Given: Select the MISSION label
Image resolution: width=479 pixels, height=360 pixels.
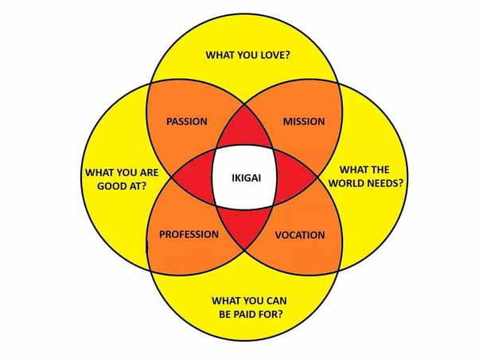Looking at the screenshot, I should (303, 122).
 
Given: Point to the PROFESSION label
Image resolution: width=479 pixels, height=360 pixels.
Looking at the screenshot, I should (189, 234).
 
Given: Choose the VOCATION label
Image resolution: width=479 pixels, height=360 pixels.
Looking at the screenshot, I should (299, 235).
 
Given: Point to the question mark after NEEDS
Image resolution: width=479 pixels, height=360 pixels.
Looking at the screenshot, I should (400, 182).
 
